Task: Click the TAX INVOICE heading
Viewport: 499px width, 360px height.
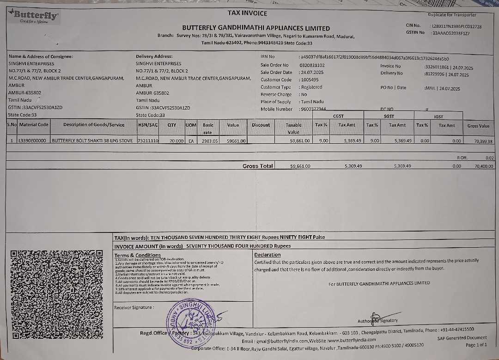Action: [247, 13]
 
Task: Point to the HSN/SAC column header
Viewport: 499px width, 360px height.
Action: [148, 125]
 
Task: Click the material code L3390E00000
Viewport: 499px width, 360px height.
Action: [32, 140]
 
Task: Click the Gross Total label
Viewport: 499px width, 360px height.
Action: [257, 166]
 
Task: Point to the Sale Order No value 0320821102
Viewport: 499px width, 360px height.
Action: [312, 65]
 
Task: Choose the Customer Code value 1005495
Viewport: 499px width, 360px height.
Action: [310, 79]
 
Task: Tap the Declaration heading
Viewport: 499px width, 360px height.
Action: [268, 255]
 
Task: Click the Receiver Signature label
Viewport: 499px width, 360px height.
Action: [134, 307]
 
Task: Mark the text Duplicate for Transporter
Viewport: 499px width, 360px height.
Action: [452, 15]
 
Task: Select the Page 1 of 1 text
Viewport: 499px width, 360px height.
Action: [476, 345]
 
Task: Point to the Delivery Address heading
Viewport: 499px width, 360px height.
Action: [154, 56]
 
